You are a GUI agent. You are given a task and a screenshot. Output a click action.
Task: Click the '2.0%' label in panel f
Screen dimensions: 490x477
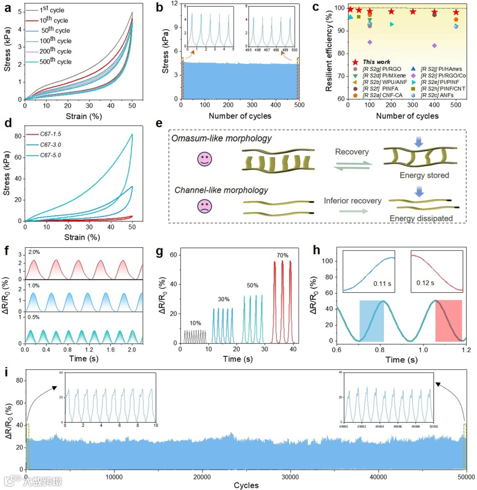coord(31,253)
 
